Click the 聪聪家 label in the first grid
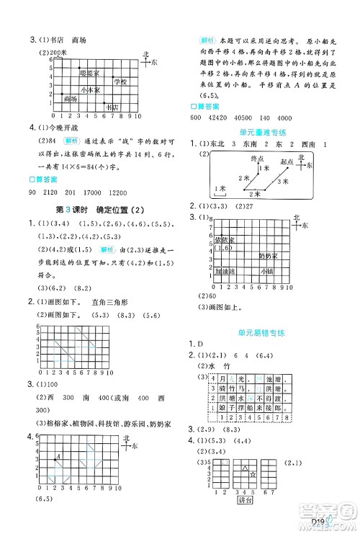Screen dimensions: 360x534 89,74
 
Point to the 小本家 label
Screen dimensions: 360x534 91,90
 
